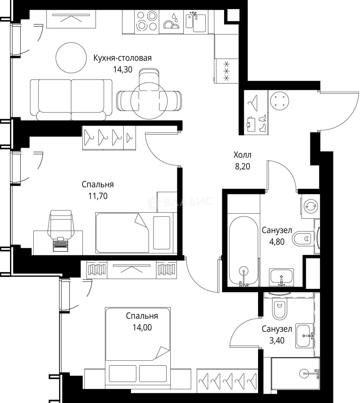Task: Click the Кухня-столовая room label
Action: [122, 58]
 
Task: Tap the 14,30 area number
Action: [122, 69]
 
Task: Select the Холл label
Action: [242, 155]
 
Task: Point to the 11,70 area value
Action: [98, 196]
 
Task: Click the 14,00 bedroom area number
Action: [142, 328]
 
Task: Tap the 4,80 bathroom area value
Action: [277, 241]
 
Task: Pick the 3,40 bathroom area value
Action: [277, 341]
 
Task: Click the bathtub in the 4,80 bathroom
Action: [243, 251]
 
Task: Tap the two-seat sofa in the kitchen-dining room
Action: [71, 100]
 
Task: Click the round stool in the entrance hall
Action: [279, 101]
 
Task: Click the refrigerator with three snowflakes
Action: [226, 71]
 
